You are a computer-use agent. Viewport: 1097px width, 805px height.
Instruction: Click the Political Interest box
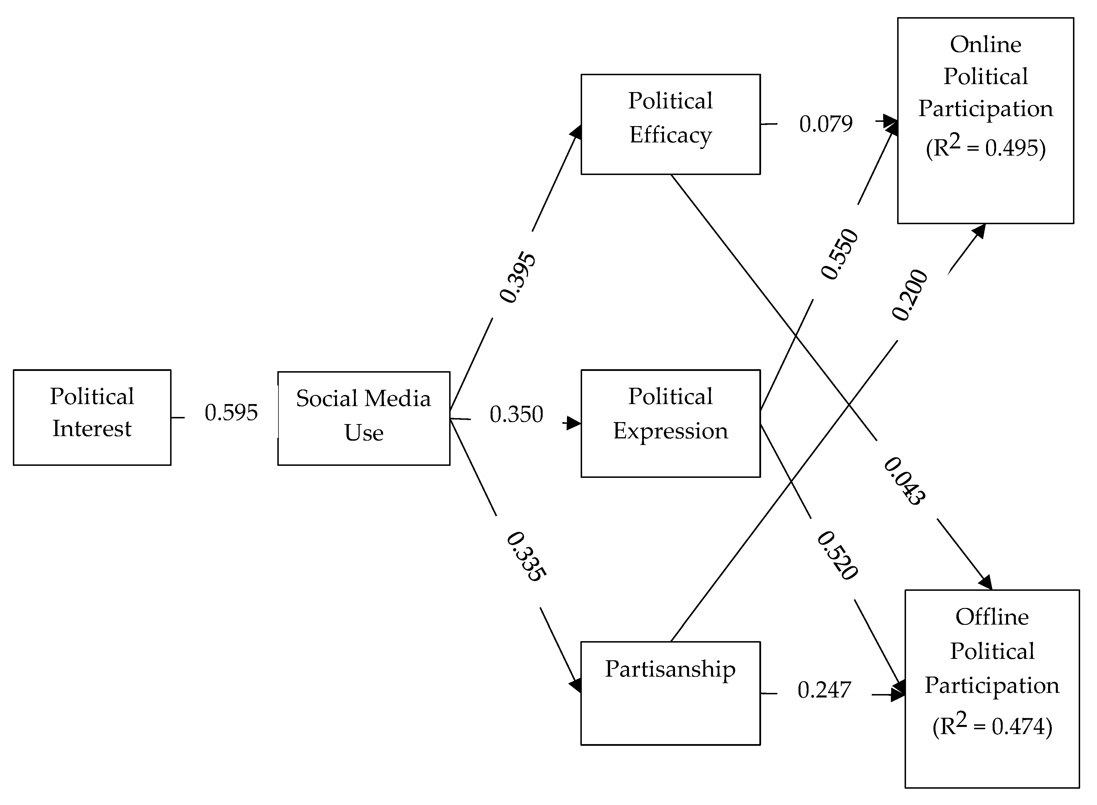pos(92,417)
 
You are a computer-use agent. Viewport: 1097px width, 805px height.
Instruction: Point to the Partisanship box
pos(670,693)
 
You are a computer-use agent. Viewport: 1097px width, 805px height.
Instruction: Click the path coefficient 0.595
pos(231,413)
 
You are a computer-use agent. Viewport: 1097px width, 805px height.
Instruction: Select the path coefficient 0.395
pos(517,277)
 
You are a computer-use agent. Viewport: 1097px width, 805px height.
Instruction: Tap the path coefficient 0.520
pos(837,556)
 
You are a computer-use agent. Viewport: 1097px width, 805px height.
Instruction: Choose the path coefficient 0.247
pos(824,690)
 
